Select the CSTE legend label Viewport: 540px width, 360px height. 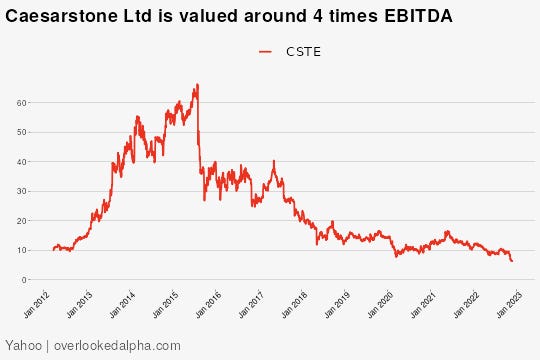pos(304,52)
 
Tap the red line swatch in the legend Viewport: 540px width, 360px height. pos(266,52)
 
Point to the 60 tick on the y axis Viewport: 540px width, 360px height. pos(21,102)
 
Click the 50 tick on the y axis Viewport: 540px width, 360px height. pos(21,132)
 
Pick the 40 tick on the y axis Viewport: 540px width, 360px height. pos(21,161)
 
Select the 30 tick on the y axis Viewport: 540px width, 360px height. pos(21,191)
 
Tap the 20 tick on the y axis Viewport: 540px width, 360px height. pos(21,221)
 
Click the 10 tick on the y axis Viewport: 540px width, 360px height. pos(21,250)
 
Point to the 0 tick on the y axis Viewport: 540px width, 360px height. pos(23,280)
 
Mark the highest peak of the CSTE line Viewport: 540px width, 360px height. pos(197,85)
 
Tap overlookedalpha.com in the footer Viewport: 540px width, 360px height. pos(110,344)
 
